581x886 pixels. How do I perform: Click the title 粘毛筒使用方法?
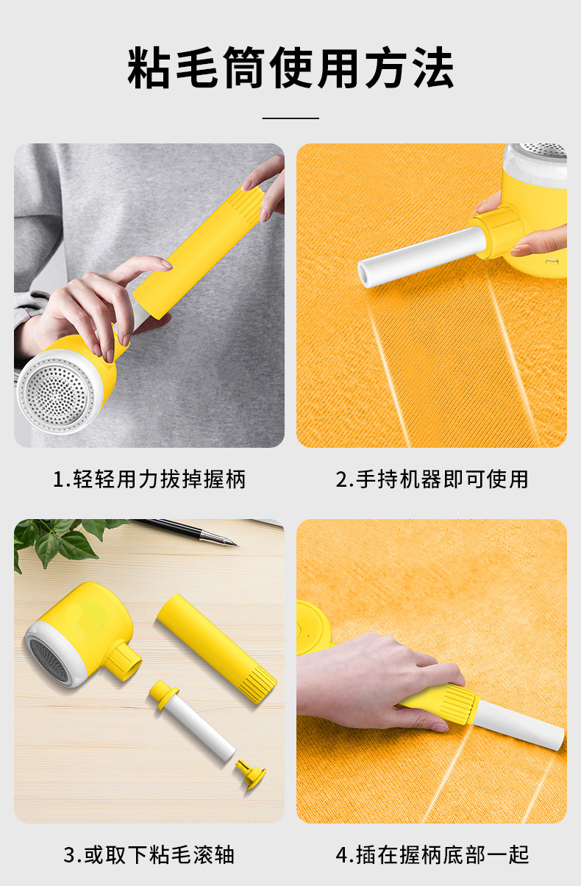(290, 67)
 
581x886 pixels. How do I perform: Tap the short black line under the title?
(290, 118)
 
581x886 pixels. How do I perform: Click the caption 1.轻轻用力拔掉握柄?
(149, 479)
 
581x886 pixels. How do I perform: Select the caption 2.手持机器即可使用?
(432, 479)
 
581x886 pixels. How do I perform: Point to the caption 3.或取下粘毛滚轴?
(149, 855)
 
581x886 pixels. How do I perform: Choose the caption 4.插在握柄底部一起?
(432, 855)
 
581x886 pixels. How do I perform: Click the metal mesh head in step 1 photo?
(58, 393)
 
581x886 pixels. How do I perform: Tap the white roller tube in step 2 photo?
(422, 257)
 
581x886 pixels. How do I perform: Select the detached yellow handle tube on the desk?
(217, 649)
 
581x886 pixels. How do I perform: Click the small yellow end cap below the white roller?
(251, 774)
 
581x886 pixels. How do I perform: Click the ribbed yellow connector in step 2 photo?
(499, 232)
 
